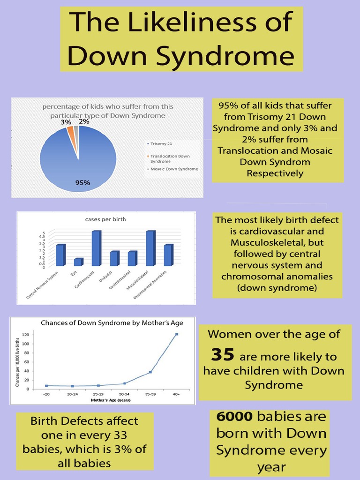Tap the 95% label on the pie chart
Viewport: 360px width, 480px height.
[82, 183]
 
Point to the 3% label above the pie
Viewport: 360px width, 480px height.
[66, 122]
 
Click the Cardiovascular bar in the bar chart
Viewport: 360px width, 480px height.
[96, 248]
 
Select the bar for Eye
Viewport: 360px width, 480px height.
[78, 262]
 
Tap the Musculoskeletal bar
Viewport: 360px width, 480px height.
[150, 248]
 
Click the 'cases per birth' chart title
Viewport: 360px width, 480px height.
[106, 219]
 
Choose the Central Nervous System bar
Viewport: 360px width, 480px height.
[60, 255]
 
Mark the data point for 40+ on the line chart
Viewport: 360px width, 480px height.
[177, 334]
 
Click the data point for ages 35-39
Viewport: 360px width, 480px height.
[150, 372]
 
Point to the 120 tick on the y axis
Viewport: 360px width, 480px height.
[25, 335]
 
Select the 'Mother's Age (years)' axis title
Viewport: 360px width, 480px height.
[111, 401]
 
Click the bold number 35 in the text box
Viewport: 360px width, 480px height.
[222, 355]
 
